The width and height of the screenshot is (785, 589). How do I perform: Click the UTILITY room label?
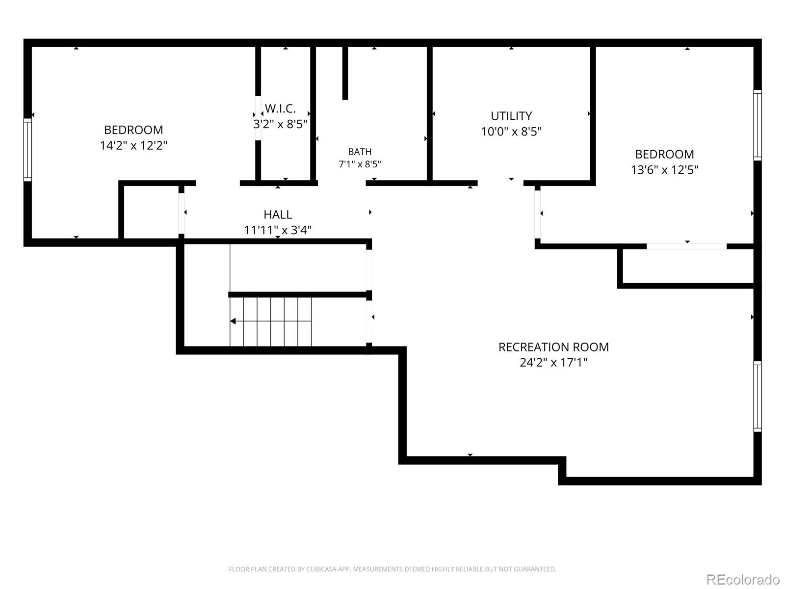[511, 116]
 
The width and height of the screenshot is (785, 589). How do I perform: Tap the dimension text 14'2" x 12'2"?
[133, 146]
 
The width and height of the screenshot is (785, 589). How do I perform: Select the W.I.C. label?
[280, 108]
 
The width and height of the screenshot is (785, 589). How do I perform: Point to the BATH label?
[360, 152]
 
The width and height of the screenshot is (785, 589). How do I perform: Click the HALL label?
[278, 214]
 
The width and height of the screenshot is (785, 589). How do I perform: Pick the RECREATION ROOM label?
[553, 347]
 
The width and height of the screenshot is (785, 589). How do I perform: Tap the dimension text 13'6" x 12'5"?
[664, 170]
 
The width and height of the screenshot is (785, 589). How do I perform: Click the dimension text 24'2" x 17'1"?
[553, 363]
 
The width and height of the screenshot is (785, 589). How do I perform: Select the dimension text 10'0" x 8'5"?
[511, 132]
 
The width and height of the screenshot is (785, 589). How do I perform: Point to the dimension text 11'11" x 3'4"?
[278, 230]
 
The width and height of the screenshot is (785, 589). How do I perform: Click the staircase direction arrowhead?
[233, 321]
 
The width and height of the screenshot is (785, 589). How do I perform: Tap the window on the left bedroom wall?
[27, 150]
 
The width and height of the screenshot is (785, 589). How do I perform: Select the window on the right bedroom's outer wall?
[758, 125]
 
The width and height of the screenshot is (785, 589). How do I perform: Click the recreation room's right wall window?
[758, 396]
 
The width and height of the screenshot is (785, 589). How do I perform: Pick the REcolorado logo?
[743, 579]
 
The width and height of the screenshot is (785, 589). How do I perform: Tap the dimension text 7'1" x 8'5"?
[360, 164]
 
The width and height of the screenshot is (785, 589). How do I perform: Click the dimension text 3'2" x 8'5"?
[280, 124]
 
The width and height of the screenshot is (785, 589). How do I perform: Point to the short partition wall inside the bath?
[345, 73]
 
